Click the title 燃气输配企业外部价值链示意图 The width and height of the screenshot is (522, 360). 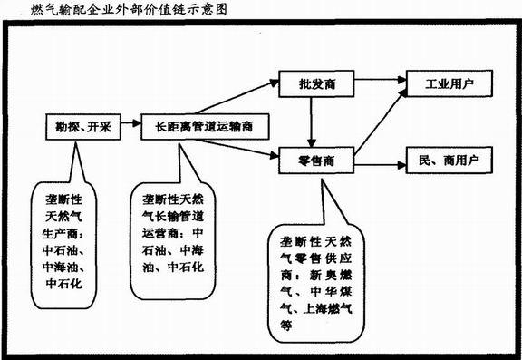pos(109,11)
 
